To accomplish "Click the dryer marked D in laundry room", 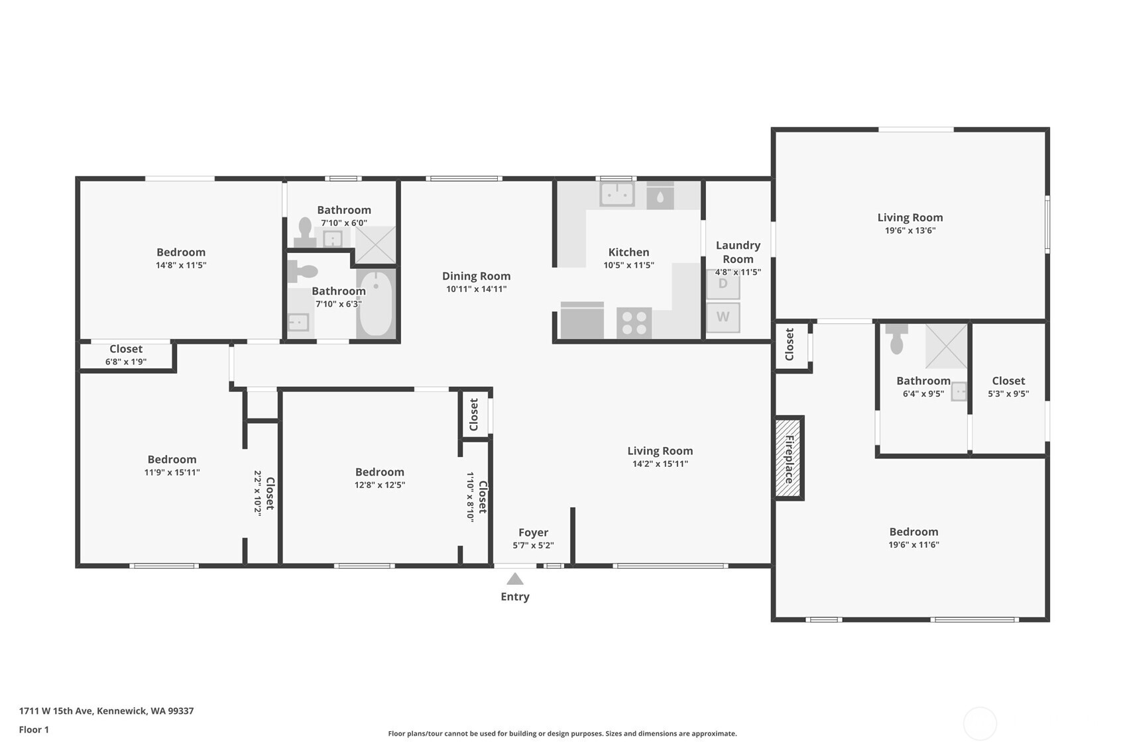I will (723, 284).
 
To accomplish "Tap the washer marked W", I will (723, 317).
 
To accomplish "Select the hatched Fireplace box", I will (789, 458).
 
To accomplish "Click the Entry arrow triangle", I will (515, 579).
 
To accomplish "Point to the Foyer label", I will (533, 532).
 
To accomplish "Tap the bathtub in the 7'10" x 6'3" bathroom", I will (376, 303).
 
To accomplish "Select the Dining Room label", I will (476, 276).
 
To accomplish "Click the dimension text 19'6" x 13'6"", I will (910, 230).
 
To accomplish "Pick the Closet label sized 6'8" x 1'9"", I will (126, 349).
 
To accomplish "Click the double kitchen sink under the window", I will (617, 195).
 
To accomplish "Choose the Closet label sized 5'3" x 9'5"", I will (1008, 381).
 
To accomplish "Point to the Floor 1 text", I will (34, 729).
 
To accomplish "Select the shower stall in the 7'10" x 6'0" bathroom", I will (375, 244).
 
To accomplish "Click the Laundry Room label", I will (737, 252).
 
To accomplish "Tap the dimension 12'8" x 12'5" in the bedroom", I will (379, 485).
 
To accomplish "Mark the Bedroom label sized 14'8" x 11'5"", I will (180, 252).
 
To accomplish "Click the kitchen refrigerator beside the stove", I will (582, 321).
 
